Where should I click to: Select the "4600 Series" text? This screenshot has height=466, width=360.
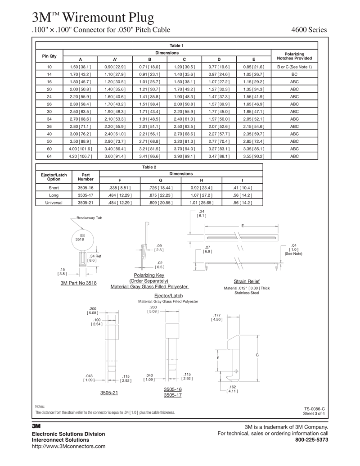[x=310, y=30]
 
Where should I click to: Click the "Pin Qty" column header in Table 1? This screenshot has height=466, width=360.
[x=49, y=56]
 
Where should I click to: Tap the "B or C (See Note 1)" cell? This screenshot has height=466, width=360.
[x=294, y=67]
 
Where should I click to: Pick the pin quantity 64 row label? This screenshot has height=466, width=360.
[x=49, y=156]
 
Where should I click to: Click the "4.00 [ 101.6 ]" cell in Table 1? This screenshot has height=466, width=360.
[x=81, y=149]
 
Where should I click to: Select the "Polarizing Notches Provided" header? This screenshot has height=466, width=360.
[x=294, y=56]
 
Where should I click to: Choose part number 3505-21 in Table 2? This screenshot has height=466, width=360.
[x=85, y=203]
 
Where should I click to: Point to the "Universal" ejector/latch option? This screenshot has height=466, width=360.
[x=54, y=203]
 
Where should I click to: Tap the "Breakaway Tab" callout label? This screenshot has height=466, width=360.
[x=90, y=218]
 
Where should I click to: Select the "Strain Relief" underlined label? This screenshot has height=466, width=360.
[x=247, y=281]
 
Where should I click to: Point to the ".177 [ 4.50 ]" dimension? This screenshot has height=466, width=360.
[x=217, y=317]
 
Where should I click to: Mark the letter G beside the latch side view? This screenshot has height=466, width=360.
[x=257, y=355]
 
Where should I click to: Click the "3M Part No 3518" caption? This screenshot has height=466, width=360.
[x=78, y=283]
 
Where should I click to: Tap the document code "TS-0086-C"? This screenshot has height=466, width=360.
[x=314, y=408]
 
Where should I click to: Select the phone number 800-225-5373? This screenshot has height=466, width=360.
[x=311, y=440]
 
